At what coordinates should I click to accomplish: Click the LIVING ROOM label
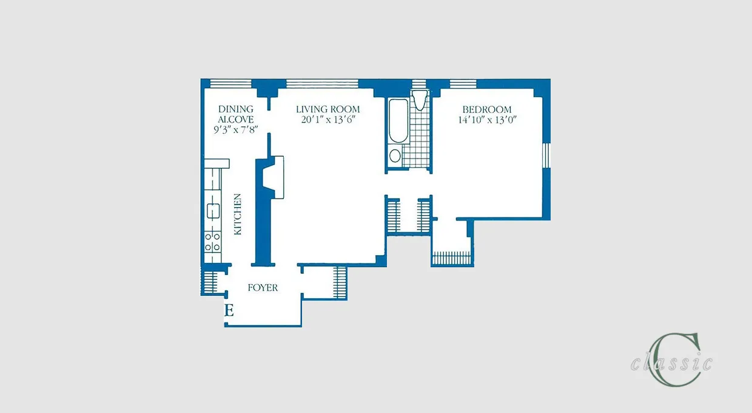pyautogui.click(x=327, y=109)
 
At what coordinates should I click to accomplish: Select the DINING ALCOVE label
pyautogui.click(x=235, y=114)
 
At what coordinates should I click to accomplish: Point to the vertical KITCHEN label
pyautogui.click(x=238, y=214)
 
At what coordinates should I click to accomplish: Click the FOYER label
pyautogui.click(x=263, y=288)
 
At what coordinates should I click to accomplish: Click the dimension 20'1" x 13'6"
pyautogui.click(x=327, y=120)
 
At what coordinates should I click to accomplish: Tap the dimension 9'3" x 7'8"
pyautogui.click(x=236, y=129)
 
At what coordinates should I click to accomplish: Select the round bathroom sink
pyautogui.click(x=395, y=156)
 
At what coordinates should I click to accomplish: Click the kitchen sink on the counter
pyautogui.click(x=212, y=211)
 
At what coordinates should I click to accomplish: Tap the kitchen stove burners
pyautogui.click(x=212, y=241)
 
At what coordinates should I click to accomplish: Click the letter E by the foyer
pyautogui.click(x=229, y=311)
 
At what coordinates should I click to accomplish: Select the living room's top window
pyautogui.click(x=321, y=83)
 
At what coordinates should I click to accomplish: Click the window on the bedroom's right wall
pyautogui.click(x=546, y=155)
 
